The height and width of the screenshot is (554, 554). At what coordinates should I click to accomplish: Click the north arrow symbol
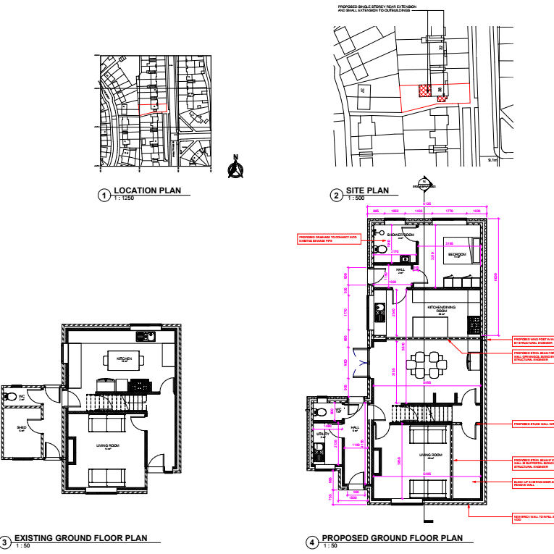pos(235,168)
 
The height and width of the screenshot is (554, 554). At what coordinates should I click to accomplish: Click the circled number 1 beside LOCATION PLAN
pos(104,195)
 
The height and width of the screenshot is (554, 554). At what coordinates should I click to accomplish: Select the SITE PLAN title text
pos(367,191)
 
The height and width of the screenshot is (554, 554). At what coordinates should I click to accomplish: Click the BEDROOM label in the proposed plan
pos(456,255)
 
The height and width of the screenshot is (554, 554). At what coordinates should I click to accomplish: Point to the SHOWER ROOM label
pos(400,235)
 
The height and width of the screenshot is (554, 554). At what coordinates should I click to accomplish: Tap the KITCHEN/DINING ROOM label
pos(441,309)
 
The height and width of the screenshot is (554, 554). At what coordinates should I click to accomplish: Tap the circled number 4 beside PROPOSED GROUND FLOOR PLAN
pos(312,541)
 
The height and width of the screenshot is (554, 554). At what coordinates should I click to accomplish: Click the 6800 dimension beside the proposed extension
pos(497,275)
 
